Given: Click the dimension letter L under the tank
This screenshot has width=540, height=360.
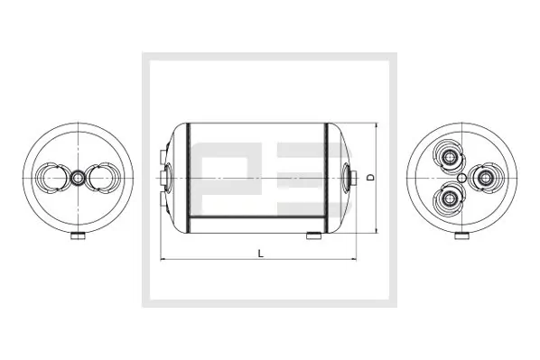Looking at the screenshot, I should pyautogui.click(x=259, y=254).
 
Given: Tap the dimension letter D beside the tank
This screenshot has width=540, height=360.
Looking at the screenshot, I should pyautogui.click(x=370, y=178).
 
